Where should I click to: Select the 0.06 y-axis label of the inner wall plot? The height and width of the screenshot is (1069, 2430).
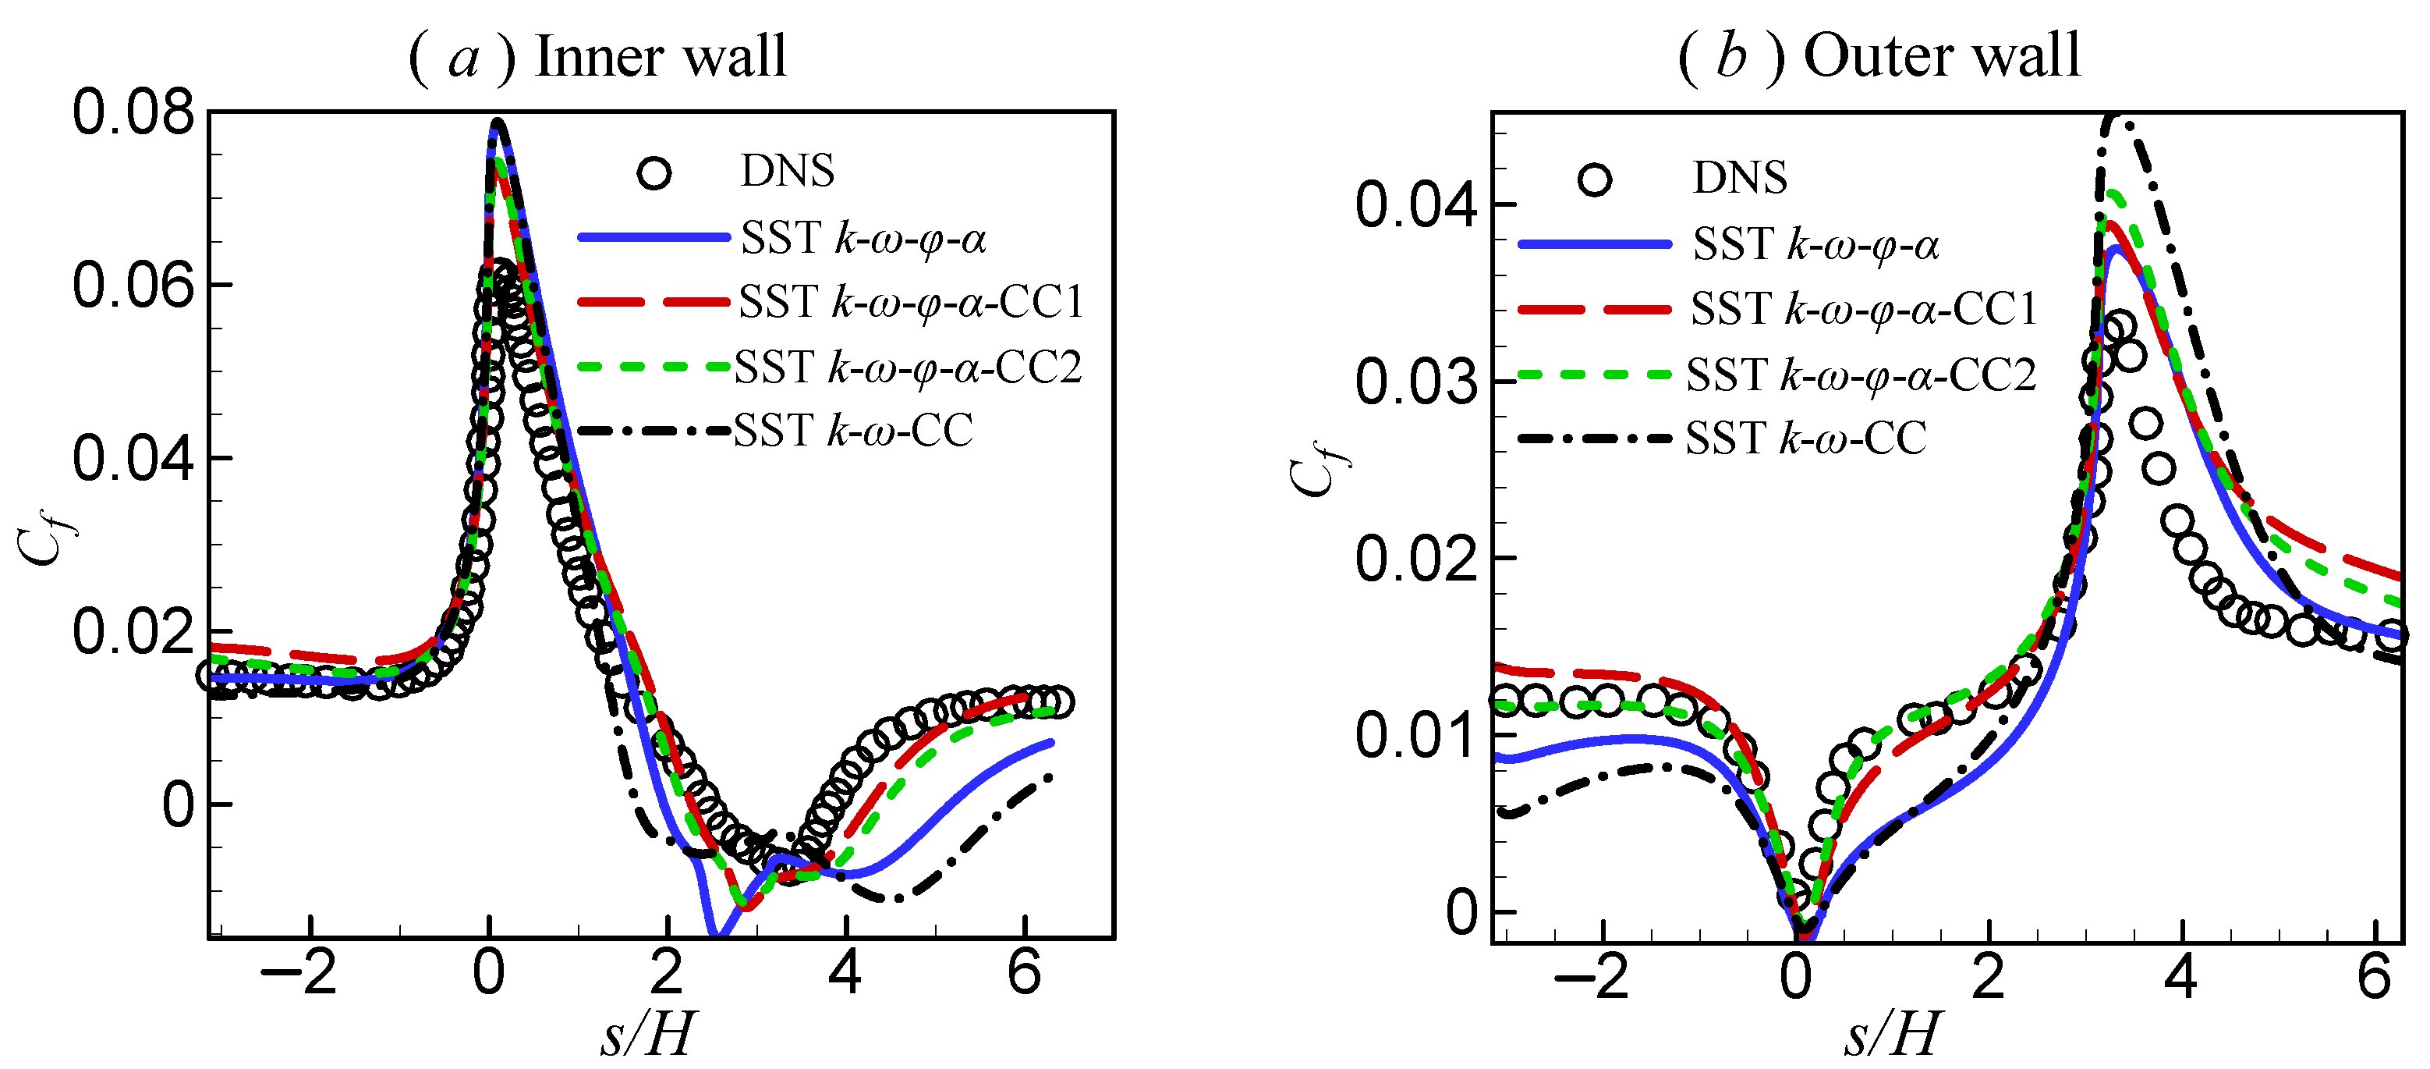click(x=133, y=286)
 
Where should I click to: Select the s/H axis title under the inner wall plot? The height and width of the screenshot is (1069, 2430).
click(x=647, y=1034)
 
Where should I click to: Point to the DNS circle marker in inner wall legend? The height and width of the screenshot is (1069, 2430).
click(x=654, y=172)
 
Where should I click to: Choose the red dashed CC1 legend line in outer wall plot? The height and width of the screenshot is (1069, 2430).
click(x=1594, y=308)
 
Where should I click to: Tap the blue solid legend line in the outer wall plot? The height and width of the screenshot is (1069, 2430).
click(x=1594, y=244)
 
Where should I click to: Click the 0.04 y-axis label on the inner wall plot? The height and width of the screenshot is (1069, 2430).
click(x=133, y=459)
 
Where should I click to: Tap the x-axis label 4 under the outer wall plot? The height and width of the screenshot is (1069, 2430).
click(x=2181, y=978)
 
